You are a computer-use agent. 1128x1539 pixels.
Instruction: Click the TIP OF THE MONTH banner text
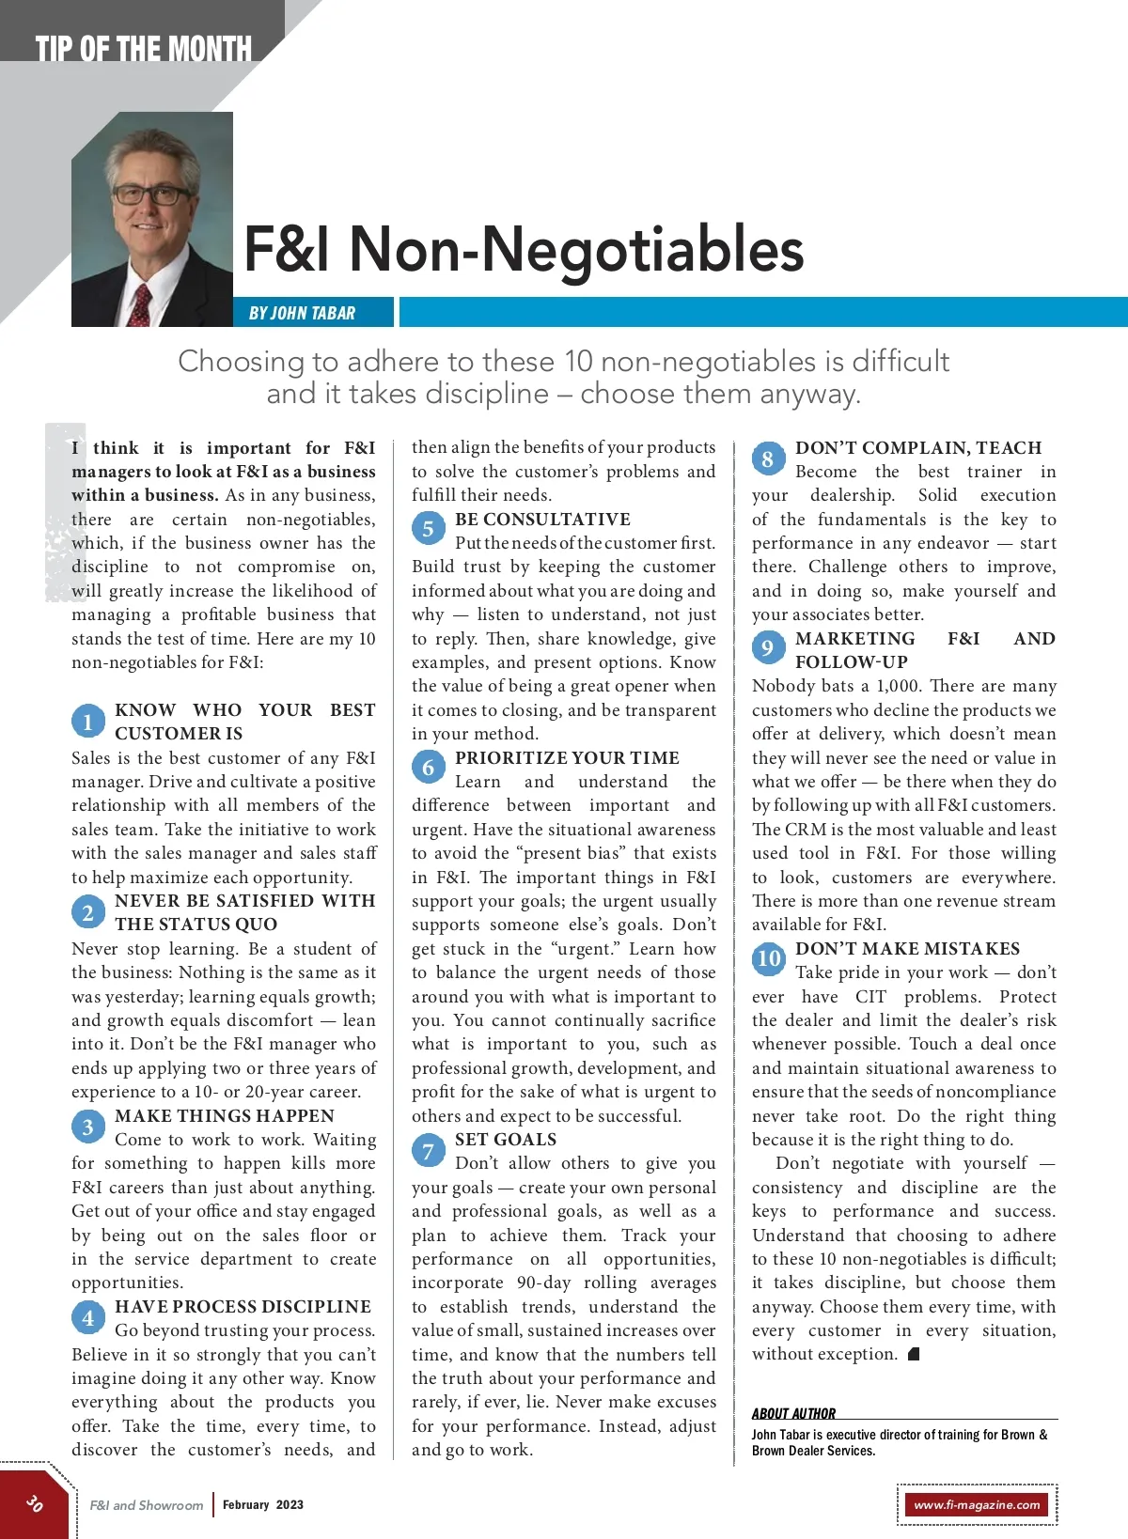143,49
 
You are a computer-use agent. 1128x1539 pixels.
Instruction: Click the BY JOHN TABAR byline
302,313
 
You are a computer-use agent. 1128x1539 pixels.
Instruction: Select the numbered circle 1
87,722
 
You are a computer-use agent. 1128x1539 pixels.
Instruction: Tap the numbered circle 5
428,529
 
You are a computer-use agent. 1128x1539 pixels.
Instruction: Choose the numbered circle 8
768,459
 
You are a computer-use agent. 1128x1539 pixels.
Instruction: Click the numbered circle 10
769,958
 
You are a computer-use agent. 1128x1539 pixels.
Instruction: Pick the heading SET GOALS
506,1140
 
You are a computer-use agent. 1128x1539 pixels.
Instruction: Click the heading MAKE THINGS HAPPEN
225,1115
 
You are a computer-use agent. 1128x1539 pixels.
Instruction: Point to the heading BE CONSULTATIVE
542,520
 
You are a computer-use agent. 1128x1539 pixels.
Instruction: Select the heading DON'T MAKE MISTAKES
907,949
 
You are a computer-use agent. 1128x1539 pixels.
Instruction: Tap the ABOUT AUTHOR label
793,1413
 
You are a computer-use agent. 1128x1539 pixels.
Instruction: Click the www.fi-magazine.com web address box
977,1504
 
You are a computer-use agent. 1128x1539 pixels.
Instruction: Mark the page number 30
35,1503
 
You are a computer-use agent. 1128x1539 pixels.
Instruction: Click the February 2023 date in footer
263,1504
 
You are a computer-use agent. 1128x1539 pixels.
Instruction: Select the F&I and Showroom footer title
147,1505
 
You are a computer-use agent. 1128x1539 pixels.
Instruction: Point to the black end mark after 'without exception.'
914,1354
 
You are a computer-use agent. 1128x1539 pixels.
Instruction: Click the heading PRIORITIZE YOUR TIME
567,758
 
